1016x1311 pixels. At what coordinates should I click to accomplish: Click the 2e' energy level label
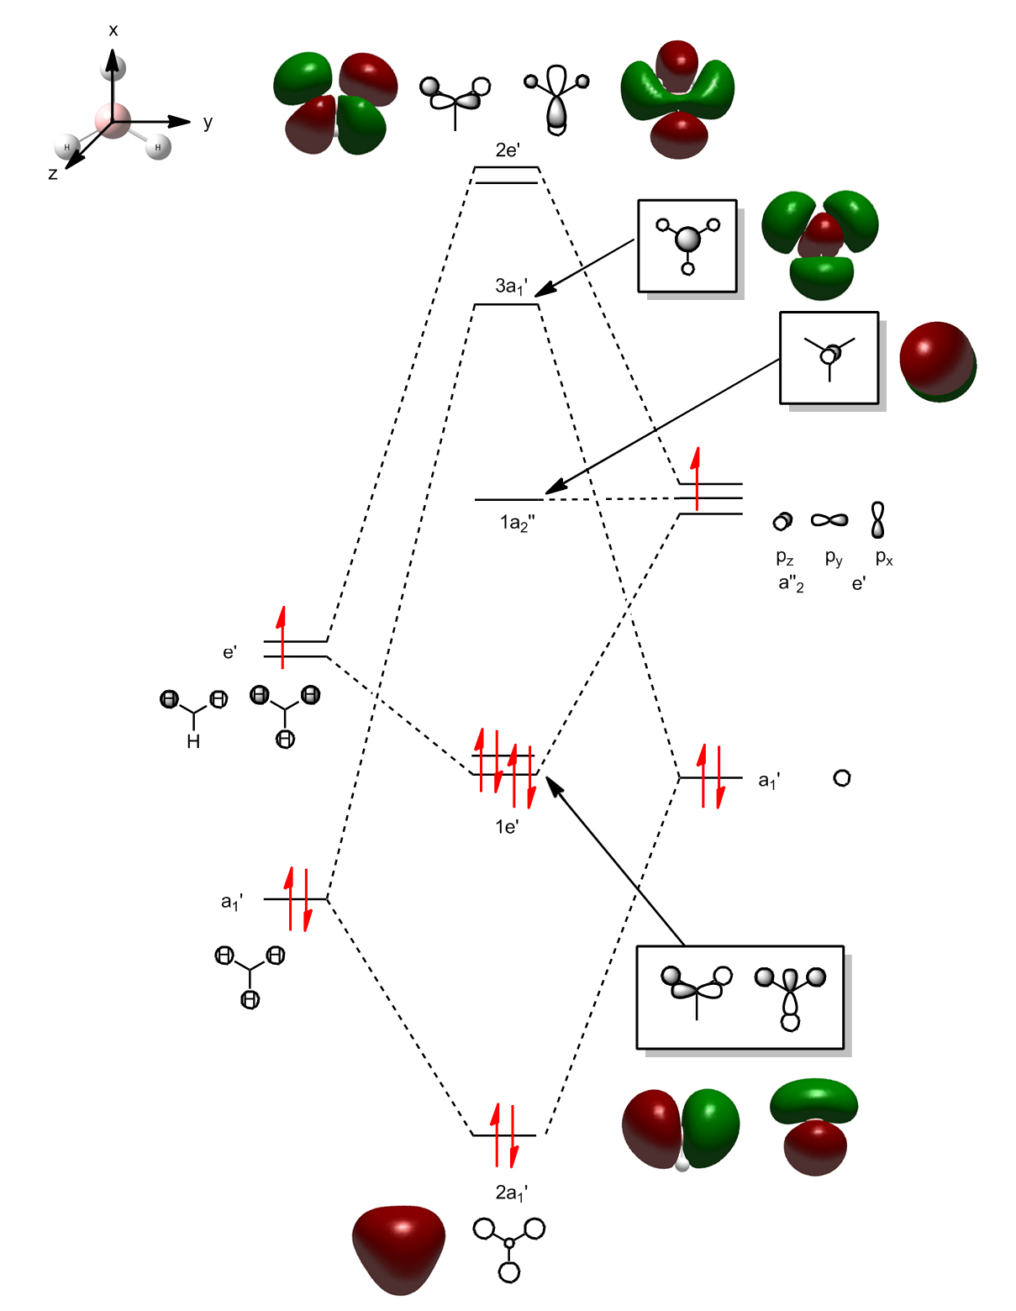(508, 150)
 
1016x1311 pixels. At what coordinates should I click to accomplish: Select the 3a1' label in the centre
(511, 287)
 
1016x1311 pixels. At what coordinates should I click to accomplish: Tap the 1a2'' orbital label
(517, 524)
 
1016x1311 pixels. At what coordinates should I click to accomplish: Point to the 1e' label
(507, 827)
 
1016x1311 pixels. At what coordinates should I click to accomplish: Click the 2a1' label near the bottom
(511, 1193)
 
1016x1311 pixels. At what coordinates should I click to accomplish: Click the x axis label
(113, 31)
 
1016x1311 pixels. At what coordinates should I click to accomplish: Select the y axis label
(208, 123)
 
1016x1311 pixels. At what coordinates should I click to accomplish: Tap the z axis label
(53, 174)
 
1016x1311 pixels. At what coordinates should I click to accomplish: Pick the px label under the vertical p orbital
(884, 557)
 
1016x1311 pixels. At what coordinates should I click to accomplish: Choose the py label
(834, 557)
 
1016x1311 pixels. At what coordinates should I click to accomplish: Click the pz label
(785, 557)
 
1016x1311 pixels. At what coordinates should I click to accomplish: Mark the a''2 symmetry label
(791, 583)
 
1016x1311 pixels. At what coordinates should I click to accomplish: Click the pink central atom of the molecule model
(113, 120)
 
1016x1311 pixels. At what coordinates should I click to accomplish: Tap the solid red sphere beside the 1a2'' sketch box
(937, 360)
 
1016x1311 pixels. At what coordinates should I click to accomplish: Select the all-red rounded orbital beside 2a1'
(398, 1248)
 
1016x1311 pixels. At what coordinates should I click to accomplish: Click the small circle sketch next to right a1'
(842, 778)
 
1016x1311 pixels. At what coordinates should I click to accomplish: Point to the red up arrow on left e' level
(282, 636)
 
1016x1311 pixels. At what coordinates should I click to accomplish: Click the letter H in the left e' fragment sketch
(193, 741)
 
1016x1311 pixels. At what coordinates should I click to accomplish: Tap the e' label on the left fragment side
(229, 652)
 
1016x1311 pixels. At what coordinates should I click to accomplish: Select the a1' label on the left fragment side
(232, 903)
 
